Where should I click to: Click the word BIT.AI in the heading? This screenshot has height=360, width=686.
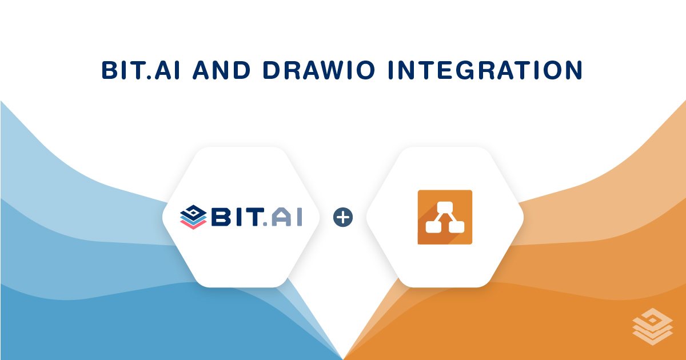140,70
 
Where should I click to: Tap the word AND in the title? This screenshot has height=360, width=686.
221,70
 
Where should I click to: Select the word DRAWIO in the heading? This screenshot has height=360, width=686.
319,70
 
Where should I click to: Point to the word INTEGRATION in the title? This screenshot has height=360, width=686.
485,70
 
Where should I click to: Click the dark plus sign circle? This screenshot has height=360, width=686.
343,217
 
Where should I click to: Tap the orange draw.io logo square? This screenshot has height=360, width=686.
445,217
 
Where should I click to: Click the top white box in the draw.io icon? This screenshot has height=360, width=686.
445,207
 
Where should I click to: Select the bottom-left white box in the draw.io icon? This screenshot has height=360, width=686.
433,227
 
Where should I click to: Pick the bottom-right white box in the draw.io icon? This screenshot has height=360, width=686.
457,227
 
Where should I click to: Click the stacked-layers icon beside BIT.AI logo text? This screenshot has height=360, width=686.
193,217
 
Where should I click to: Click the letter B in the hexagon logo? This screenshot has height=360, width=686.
221,217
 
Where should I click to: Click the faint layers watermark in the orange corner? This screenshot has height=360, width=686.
652,327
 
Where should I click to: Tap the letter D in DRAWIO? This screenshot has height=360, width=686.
272,70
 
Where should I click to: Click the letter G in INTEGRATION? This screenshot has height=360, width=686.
467,70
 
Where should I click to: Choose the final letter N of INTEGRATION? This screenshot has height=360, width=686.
573,70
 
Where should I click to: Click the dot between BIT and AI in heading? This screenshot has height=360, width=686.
149,77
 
